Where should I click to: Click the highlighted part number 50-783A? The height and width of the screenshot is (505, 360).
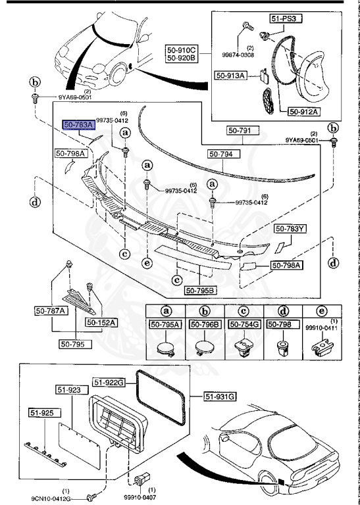tap(78, 124)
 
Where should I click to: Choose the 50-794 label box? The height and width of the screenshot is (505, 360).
tap(224, 154)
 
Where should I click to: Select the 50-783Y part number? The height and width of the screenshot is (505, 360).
tap(290, 229)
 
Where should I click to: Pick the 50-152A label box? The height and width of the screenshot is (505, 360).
tap(100, 323)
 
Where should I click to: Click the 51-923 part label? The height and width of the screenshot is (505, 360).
tap(68, 391)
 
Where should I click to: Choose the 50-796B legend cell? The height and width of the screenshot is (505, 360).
tap(205, 324)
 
